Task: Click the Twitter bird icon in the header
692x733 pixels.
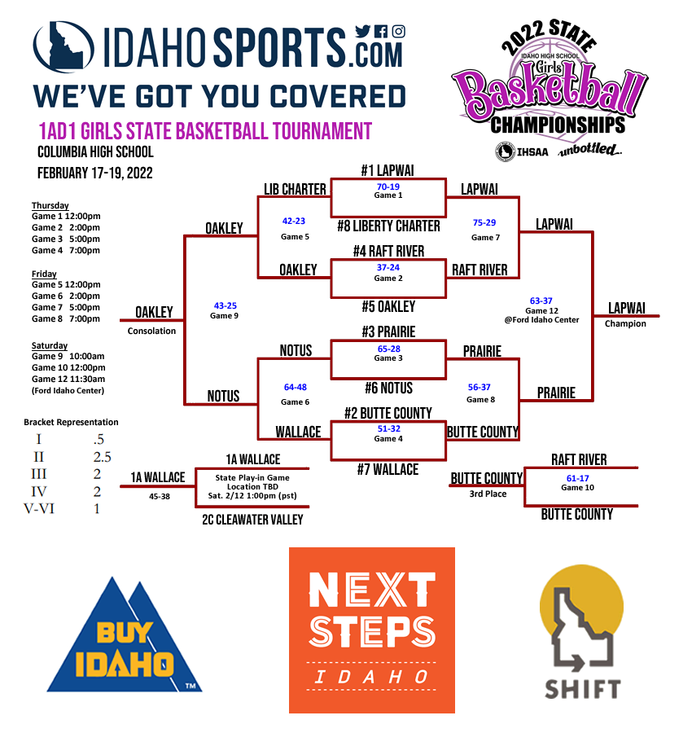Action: tap(362, 32)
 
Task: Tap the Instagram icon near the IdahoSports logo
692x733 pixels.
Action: tap(398, 32)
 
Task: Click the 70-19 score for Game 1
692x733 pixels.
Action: tap(388, 187)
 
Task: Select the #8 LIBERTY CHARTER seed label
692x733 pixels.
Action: tap(388, 226)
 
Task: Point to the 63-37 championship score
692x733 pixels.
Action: tap(541, 301)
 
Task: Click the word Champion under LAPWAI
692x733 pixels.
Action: tap(625, 323)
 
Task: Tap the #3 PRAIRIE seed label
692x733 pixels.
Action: tap(388, 332)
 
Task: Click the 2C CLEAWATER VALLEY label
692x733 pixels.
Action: tap(252, 520)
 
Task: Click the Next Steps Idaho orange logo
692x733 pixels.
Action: tap(372, 630)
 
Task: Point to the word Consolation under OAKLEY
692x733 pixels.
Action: tap(151, 331)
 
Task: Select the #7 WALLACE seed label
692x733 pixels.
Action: tap(388, 469)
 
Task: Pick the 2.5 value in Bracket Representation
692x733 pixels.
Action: tap(102, 457)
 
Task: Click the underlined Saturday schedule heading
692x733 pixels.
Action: tap(50, 345)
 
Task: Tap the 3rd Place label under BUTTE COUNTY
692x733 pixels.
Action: tap(488, 494)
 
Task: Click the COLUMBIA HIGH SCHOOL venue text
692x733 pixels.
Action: tap(95, 152)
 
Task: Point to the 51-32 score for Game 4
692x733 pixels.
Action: tap(388, 429)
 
